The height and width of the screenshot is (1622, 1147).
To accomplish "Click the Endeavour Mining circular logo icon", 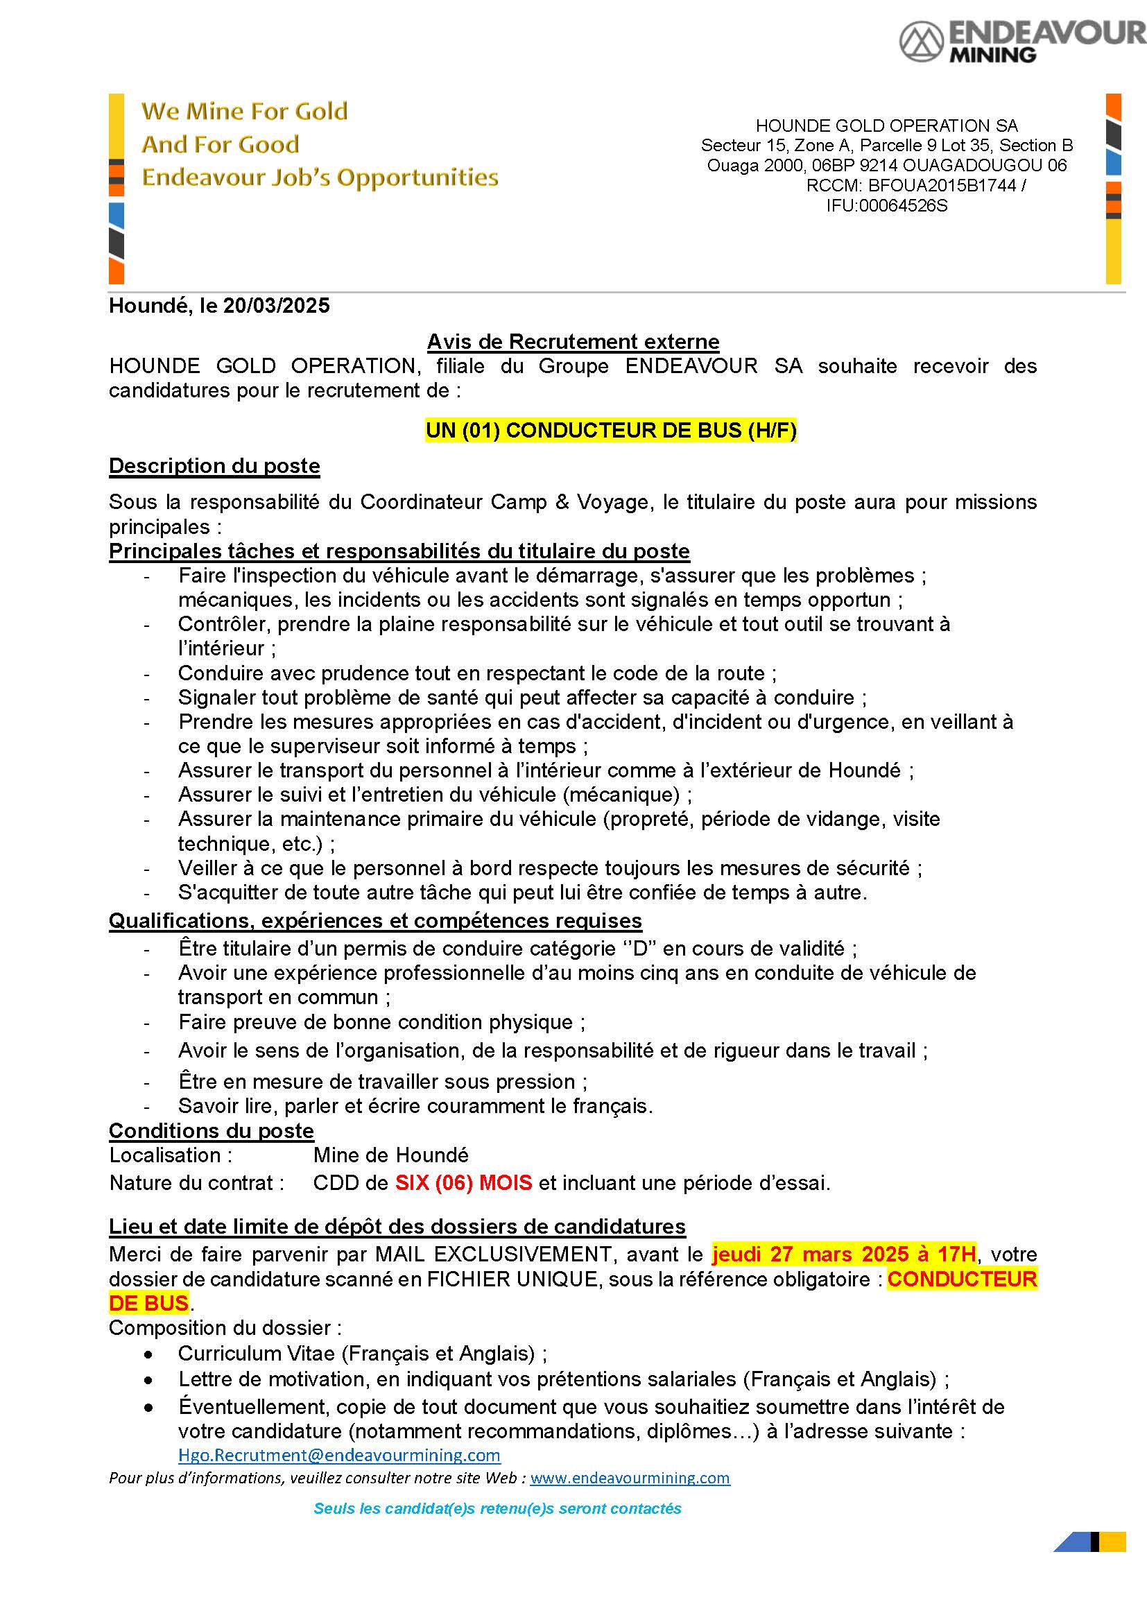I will click(x=921, y=41).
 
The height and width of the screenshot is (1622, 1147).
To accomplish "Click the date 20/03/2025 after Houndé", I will click(x=276, y=306).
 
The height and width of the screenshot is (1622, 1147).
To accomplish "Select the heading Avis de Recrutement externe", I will click(x=573, y=342).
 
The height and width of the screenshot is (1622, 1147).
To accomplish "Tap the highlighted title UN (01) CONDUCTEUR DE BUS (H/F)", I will click(x=611, y=430).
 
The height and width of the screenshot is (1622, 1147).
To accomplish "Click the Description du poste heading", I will click(x=214, y=466).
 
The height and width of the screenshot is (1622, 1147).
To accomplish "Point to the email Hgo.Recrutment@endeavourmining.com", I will click(x=339, y=1455).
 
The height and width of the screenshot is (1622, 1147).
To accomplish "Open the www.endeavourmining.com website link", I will click(x=630, y=1478).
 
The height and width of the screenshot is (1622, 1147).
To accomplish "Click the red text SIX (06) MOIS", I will click(x=463, y=1182).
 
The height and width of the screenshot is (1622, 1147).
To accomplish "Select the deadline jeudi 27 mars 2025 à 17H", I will click(x=845, y=1254).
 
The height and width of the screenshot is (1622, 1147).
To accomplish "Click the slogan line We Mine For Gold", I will click(x=244, y=111).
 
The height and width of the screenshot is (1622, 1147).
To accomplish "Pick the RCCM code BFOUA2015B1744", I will click(x=942, y=186).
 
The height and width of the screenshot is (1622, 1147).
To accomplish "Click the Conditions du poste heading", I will click(x=212, y=1131).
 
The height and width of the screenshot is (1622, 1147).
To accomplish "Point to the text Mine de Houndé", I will click(x=390, y=1155).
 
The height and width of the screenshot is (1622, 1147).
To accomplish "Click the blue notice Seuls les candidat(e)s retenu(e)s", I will click(x=497, y=1508).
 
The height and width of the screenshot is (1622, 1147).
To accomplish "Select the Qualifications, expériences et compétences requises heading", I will click(x=375, y=921).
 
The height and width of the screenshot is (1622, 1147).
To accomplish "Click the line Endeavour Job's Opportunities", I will click(x=320, y=178).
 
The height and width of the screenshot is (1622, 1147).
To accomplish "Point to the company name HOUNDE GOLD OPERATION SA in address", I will click(x=886, y=126).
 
